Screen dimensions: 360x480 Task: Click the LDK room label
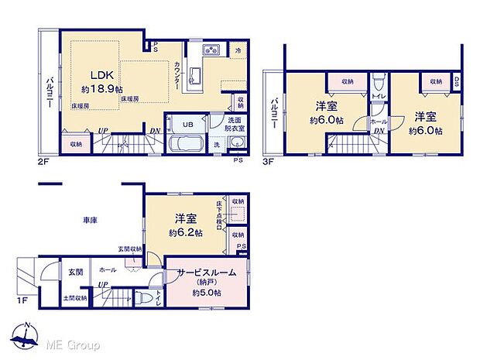click(x=102, y=75)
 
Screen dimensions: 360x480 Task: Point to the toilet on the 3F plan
click(x=379, y=83)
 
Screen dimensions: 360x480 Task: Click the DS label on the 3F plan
click(x=456, y=81)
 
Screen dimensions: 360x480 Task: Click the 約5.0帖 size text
click(x=207, y=293)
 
